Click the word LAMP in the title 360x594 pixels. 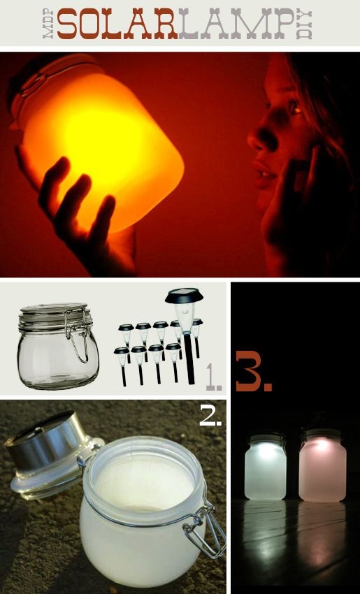pyautogui.click(x=236, y=24)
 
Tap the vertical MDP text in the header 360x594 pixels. pyautogui.click(x=48, y=24)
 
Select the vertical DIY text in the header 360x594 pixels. pyautogui.click(x=304, y=24)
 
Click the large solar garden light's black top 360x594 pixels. pyautogui.click(x=184, y=296)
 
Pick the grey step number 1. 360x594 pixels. pyautogui.click(x=214, y=377)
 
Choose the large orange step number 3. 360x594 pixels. pyautogui.click(x=254, y=371)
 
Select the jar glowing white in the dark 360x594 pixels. pyautogui.click(x=265, y=467)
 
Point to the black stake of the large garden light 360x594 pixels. pyautogui.click(x=188, y=358)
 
